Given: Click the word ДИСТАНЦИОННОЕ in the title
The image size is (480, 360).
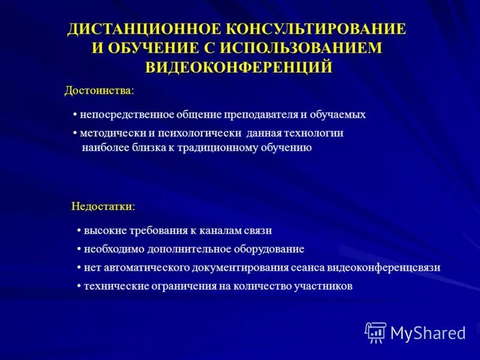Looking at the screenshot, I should [x=143, y=29].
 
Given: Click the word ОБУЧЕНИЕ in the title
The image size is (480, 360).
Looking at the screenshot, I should [x=158, y=48].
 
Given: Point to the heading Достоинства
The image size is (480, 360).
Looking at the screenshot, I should [x=99, y=91].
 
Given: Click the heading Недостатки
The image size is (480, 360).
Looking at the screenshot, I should [x=103, y=206].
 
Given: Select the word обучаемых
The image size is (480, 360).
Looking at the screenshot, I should [x=337, y=115].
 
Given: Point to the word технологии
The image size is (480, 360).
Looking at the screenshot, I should [x=319, y=133].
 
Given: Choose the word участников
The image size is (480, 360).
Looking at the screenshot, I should [x=323, y=286].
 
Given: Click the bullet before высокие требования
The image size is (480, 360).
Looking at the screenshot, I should [x=79, y=230].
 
